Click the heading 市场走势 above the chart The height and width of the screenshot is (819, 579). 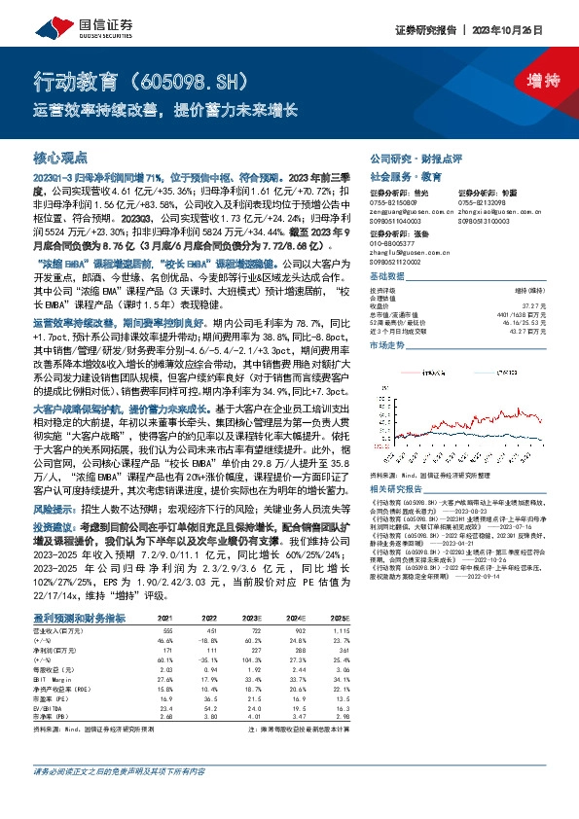[389, 345]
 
